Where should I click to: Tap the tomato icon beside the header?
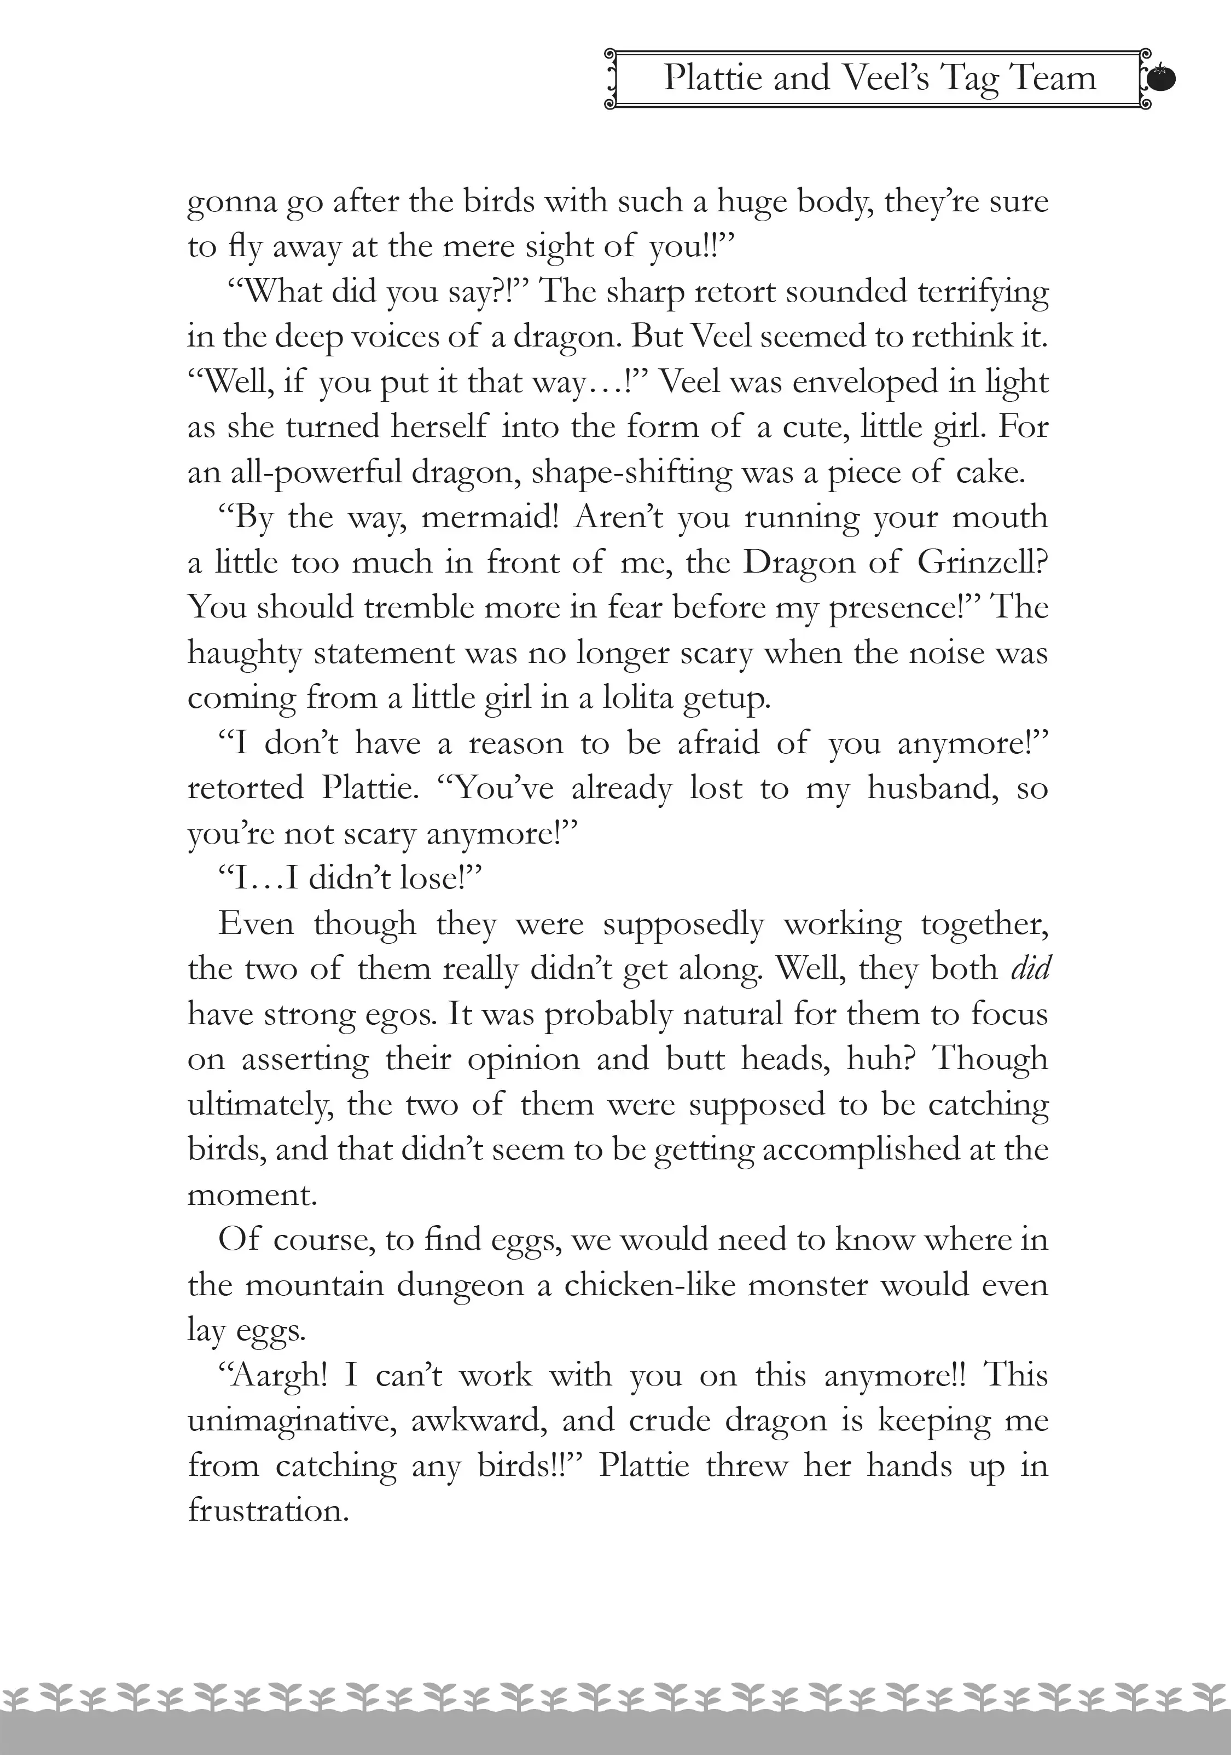coord(1161,78)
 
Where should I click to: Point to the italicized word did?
coord(1031,968)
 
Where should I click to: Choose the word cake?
coord(990,472)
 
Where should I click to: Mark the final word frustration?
coord(268,1510)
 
